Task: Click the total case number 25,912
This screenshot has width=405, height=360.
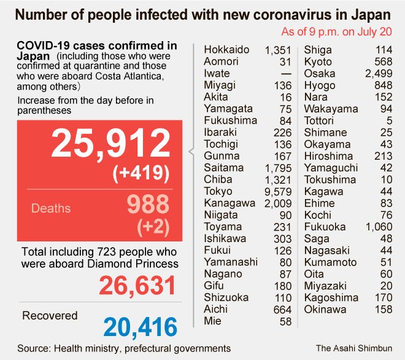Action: (110, 144)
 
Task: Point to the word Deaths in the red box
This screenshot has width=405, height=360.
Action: (51, 208)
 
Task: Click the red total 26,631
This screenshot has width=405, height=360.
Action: (137, 286)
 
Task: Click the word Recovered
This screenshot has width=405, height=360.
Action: (50, 316)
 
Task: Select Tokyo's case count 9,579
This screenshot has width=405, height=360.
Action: (278, 190)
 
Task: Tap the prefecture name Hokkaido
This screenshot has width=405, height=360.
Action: (228, 50)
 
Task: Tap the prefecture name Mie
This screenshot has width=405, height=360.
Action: (213, 321)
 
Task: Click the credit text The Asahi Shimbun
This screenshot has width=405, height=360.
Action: (354, 348)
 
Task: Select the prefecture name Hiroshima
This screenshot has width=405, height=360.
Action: (329, 155)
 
